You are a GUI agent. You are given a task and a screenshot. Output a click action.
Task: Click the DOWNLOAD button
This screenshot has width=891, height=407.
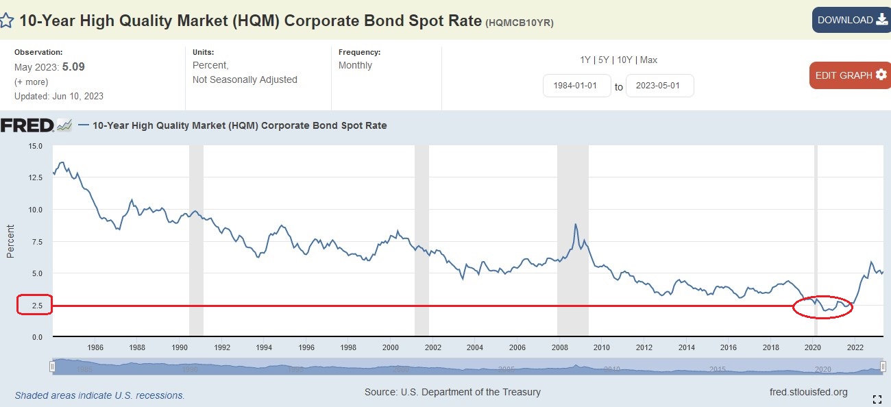click(x=851, y=20)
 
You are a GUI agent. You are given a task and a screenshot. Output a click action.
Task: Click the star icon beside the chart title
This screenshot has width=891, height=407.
click(x=6, y=20)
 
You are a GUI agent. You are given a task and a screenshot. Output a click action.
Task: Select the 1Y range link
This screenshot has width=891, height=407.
click(x=585, y=60)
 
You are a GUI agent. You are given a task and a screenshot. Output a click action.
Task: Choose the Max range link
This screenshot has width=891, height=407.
click(x=648, y=60)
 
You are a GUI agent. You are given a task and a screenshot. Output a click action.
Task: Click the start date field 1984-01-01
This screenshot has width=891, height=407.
click(x=576, y=86)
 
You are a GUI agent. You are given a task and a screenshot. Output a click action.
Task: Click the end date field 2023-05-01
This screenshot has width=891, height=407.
click(x=659, y=86)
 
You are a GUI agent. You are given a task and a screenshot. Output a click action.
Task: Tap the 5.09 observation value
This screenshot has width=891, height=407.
click(x=73, y=67)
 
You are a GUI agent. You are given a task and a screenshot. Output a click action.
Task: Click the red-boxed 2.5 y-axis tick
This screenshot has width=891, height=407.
click(x=34, y=306)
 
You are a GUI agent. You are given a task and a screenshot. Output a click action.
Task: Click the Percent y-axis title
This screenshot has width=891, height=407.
click(x=10, y=241)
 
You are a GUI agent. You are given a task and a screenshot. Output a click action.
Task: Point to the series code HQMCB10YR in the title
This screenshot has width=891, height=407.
click(x=519, y=23)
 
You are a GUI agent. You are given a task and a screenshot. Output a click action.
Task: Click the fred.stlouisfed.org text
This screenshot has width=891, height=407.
click(x=809, y=392)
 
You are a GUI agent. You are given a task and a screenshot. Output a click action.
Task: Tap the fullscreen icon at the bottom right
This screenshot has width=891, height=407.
click(x=877, y=399)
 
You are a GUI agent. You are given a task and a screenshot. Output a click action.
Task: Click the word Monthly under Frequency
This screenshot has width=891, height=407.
click(x=355, y=66)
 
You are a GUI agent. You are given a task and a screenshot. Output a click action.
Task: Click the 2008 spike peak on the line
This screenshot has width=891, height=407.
click(x=576, y=225)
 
